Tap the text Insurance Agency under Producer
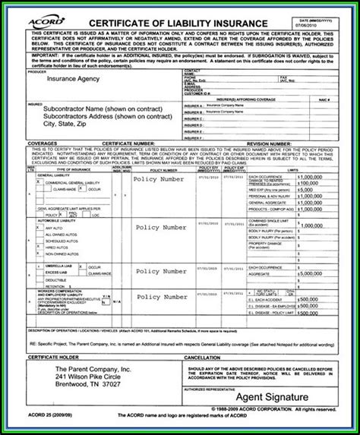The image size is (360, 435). coord(74,78)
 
